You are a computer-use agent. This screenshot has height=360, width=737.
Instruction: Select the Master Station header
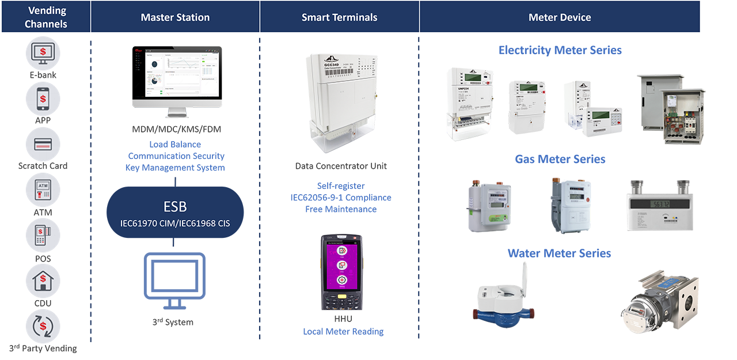tap(175, 17)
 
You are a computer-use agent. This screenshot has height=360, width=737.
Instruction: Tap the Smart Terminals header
tap(339, 17)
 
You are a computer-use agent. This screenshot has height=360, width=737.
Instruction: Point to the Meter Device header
tap(559, 17)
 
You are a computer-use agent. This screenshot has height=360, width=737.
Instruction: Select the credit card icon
tap(43, 143)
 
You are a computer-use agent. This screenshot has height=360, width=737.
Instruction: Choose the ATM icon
tap(43, 190)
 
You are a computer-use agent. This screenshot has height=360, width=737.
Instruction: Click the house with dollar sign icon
tap(43, 281)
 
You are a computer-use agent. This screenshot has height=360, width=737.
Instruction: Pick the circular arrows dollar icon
tap(43, 326)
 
